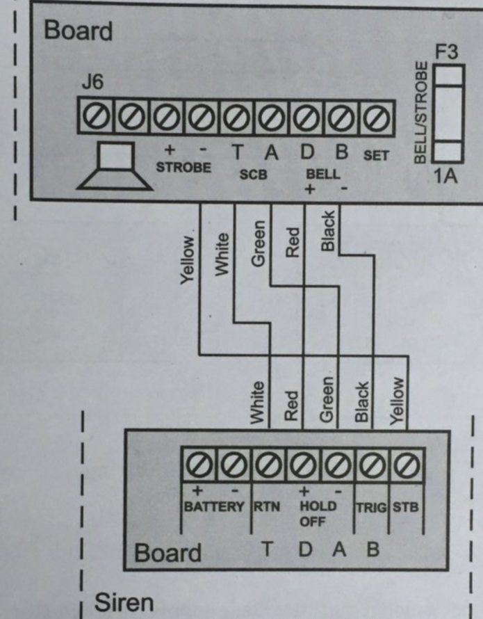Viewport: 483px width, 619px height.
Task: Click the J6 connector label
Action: [x=92, y=83]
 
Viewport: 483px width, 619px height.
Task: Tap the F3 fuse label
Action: [x=447, y=52]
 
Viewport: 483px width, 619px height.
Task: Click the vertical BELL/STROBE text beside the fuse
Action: [x=420, y=113]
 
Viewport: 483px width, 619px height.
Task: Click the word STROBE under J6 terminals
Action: [x=183, y=168]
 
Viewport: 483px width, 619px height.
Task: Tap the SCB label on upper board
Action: [x=253, y=175]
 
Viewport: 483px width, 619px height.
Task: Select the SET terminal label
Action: [x=376, y=156]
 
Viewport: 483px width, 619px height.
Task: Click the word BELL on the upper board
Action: [x=323, y=175]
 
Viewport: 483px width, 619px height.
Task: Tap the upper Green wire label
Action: [x=259, y=243]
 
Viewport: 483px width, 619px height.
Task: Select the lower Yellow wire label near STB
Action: [x=397, y=401]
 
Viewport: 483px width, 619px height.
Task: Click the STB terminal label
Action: [x=406, y=507]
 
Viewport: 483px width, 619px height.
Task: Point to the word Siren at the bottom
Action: [x=124, y=602]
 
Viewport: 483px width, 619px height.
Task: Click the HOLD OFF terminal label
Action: [x=318, y=513]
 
